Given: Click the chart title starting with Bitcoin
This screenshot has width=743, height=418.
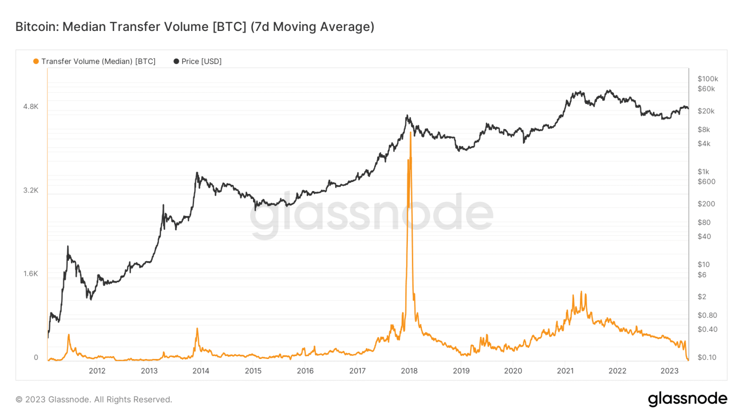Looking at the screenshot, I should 194,27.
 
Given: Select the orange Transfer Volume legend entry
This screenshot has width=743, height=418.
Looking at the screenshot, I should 94,61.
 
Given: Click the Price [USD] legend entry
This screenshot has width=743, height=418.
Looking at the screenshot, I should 197,61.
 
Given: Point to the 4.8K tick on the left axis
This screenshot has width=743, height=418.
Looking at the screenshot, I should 30,106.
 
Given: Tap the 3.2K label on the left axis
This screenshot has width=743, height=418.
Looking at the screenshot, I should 30,190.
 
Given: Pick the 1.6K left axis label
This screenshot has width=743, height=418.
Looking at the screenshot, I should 30,274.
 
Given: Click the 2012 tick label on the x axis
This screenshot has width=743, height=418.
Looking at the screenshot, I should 97,371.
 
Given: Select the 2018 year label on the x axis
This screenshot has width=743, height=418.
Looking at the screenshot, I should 409,371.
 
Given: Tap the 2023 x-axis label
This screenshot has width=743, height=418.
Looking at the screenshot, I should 669,371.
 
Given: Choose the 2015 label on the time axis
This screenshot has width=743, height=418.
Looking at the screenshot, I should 253,371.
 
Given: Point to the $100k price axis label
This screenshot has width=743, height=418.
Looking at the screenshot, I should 708,79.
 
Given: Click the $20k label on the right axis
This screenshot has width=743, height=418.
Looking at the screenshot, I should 706,111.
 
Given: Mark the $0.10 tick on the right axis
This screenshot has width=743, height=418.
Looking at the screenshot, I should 707,358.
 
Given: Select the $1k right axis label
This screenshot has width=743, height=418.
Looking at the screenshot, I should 703,172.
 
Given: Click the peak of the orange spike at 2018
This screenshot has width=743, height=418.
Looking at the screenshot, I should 411,132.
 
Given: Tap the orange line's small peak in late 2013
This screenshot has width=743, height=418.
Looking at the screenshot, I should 197,328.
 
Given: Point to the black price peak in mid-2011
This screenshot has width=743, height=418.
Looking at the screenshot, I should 68,246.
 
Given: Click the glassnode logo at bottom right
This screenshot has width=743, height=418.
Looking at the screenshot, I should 687,399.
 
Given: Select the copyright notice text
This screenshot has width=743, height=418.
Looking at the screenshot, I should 94,400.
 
